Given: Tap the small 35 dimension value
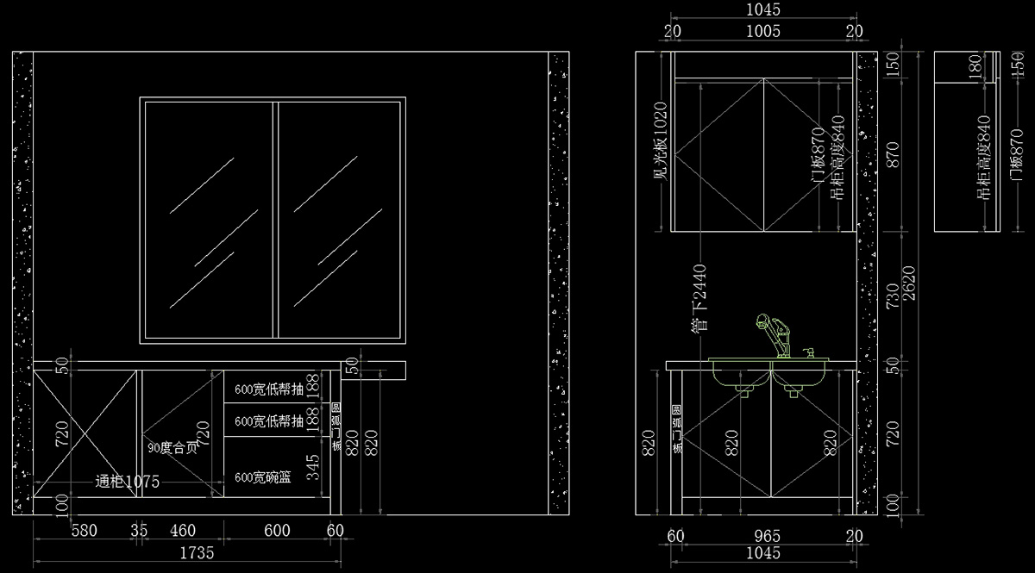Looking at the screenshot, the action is tap(139, 531).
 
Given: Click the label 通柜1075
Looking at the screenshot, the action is tap(127, 483).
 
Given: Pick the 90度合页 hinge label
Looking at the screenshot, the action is tap(172, 448).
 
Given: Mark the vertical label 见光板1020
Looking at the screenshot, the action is tap(661, 142).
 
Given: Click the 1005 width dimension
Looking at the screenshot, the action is tap(762, 32).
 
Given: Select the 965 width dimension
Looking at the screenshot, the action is tap(762, 536).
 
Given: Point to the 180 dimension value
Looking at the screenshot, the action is tap(975, 66).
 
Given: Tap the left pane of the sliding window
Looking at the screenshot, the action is tap(209, 220).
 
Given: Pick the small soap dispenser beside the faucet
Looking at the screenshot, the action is tap(809, 352).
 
